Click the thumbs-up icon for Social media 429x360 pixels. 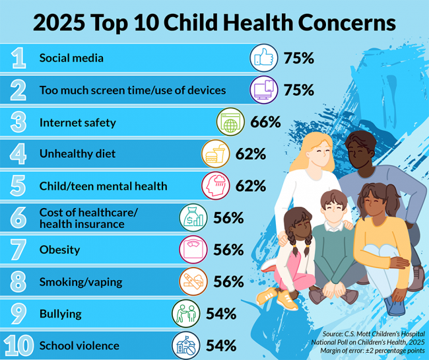coord(263,58)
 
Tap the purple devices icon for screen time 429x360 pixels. coord(263,90)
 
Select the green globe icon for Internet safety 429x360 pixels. coord(230,122)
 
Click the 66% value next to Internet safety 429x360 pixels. coord(265,122)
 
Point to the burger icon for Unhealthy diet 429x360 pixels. coord(214,155)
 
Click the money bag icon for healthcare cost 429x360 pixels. coord(193,218)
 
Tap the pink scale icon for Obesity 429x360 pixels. coord(193,250)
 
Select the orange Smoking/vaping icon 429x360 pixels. coord(193,281)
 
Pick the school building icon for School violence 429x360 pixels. coord(185,345)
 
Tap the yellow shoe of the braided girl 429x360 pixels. coord(286,299)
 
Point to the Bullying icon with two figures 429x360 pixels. coord(185,313)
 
